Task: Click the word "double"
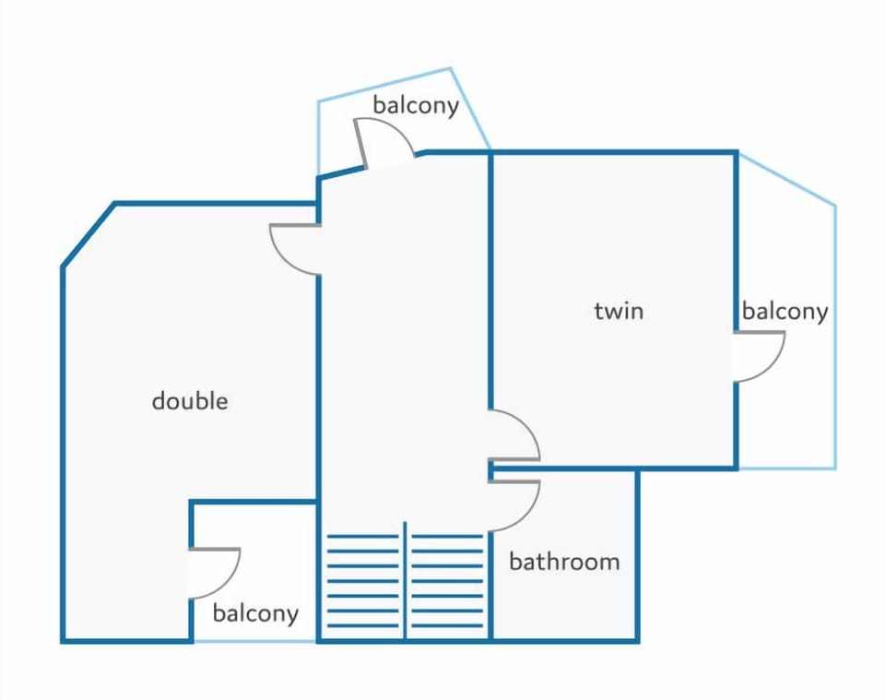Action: [x=190, y=401]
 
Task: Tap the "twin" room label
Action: [x=619, y=311]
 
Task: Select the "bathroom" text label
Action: [x=564, y=561]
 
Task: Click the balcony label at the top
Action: [x=416, y=105]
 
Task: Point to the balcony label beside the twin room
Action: [x=785, y=311]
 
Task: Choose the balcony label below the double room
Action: [x=255, y=613]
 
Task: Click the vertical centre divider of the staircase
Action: [x=405, y=580]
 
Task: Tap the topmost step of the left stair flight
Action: [x=363, y=536]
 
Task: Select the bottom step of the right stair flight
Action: [x=447, y=625]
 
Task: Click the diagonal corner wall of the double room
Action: [x=88, y=234]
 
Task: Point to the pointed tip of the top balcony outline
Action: [x=451, y=68]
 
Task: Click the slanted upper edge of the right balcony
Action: [x=786, y=179]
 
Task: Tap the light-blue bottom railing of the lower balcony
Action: [x=255, y=641]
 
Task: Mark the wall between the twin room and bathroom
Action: [x=563, y=468]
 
